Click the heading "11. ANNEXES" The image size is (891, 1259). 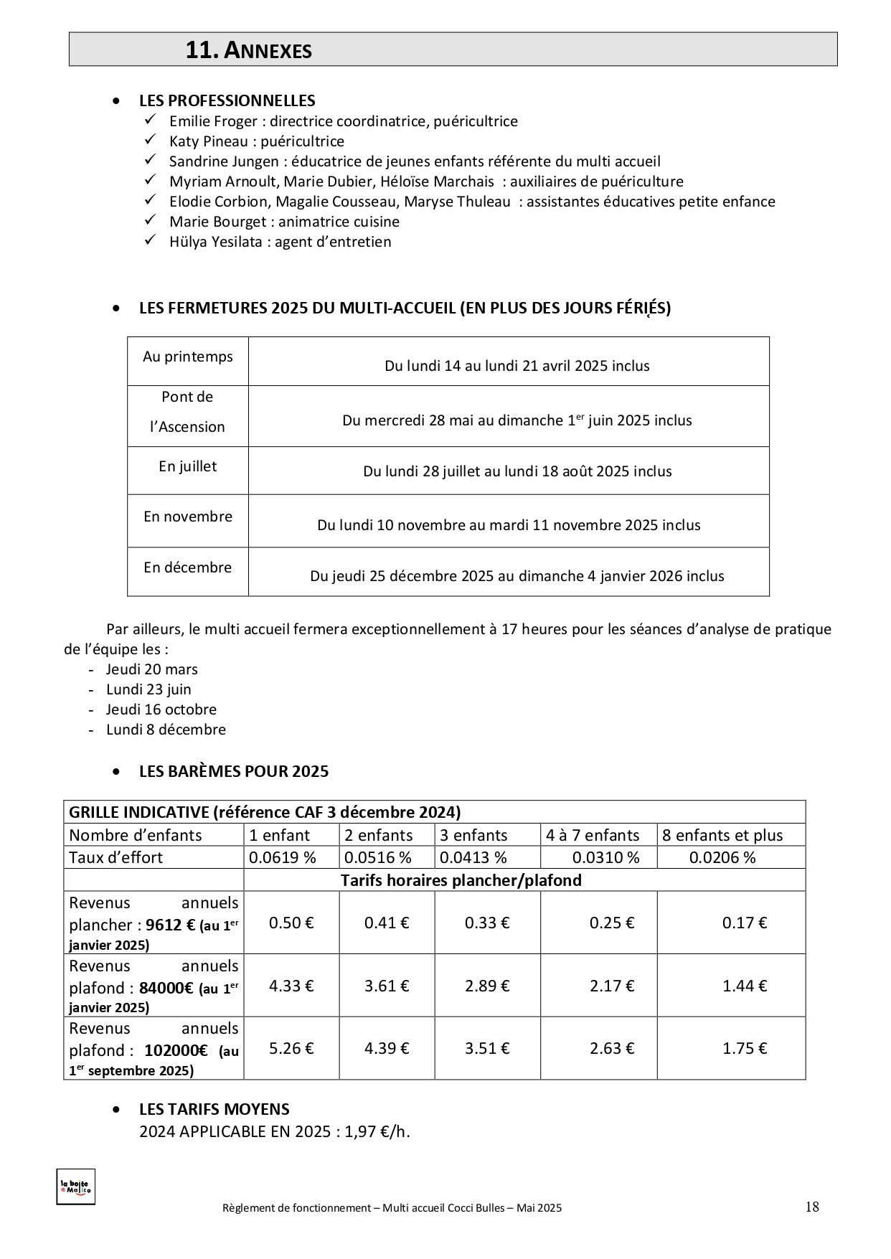[248, 50]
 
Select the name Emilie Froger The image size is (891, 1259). [213, 121]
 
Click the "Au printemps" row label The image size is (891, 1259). [188, 357]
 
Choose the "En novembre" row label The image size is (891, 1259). [188, 517]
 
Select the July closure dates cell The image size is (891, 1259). [517, 471]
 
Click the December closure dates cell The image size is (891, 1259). [517, 576]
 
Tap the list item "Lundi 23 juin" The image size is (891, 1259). [148, 689]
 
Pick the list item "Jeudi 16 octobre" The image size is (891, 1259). [161, 709]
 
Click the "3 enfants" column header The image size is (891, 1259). [473, 835]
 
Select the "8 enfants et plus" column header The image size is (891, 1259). [722, 835]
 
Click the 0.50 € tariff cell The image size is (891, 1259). [291, 923]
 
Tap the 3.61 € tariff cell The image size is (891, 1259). [387, 986]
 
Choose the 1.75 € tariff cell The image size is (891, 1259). [745, 1048]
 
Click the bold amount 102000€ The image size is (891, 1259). [176, 1050]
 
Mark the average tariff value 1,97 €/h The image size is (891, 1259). [377, 1132]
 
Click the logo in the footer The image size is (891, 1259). [75, 1187]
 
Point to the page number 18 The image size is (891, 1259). [812, 1207]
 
